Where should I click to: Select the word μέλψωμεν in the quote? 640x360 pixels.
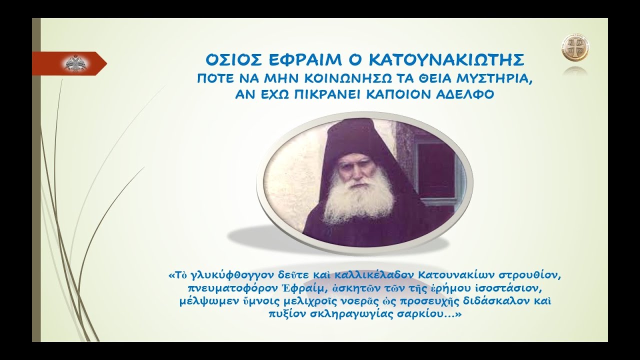pos(200,302)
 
